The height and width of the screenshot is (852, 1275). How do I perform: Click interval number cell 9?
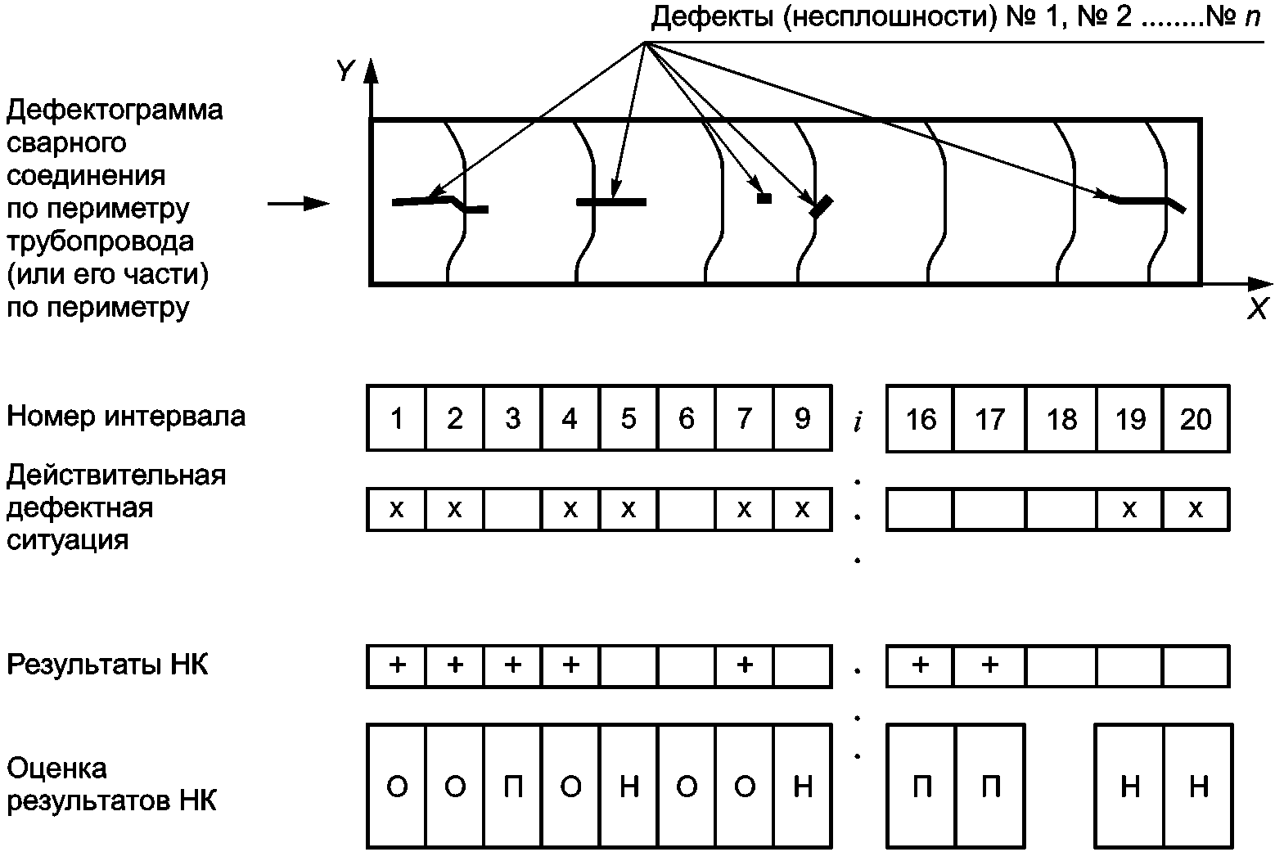[802, 418]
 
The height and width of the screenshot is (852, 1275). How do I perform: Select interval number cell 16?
[921, 418]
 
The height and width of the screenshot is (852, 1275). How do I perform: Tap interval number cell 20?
[1196, 418]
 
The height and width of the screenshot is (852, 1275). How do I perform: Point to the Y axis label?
[345, 72]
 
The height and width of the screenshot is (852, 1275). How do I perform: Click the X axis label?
[1257, 309]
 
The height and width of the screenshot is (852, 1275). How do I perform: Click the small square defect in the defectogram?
[764, 197]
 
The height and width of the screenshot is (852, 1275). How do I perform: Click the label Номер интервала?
[126, 417]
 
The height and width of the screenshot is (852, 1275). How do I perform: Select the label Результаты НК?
[107, 664]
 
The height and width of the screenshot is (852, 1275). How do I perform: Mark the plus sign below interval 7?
[744, 665]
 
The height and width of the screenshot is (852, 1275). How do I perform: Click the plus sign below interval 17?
[989, 665]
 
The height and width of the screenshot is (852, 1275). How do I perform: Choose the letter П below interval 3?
[513, 787]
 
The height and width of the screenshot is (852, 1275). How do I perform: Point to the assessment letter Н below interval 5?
[628, 787]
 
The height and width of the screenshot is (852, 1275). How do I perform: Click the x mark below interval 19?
[1129, 510]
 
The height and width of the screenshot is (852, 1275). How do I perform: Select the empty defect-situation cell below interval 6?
[686, 510]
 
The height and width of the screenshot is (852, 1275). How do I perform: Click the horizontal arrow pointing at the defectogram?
[298, 204]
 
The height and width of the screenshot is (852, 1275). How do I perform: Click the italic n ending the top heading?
[1253, 18]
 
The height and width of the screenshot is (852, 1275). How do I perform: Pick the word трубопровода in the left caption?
[101, 241]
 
